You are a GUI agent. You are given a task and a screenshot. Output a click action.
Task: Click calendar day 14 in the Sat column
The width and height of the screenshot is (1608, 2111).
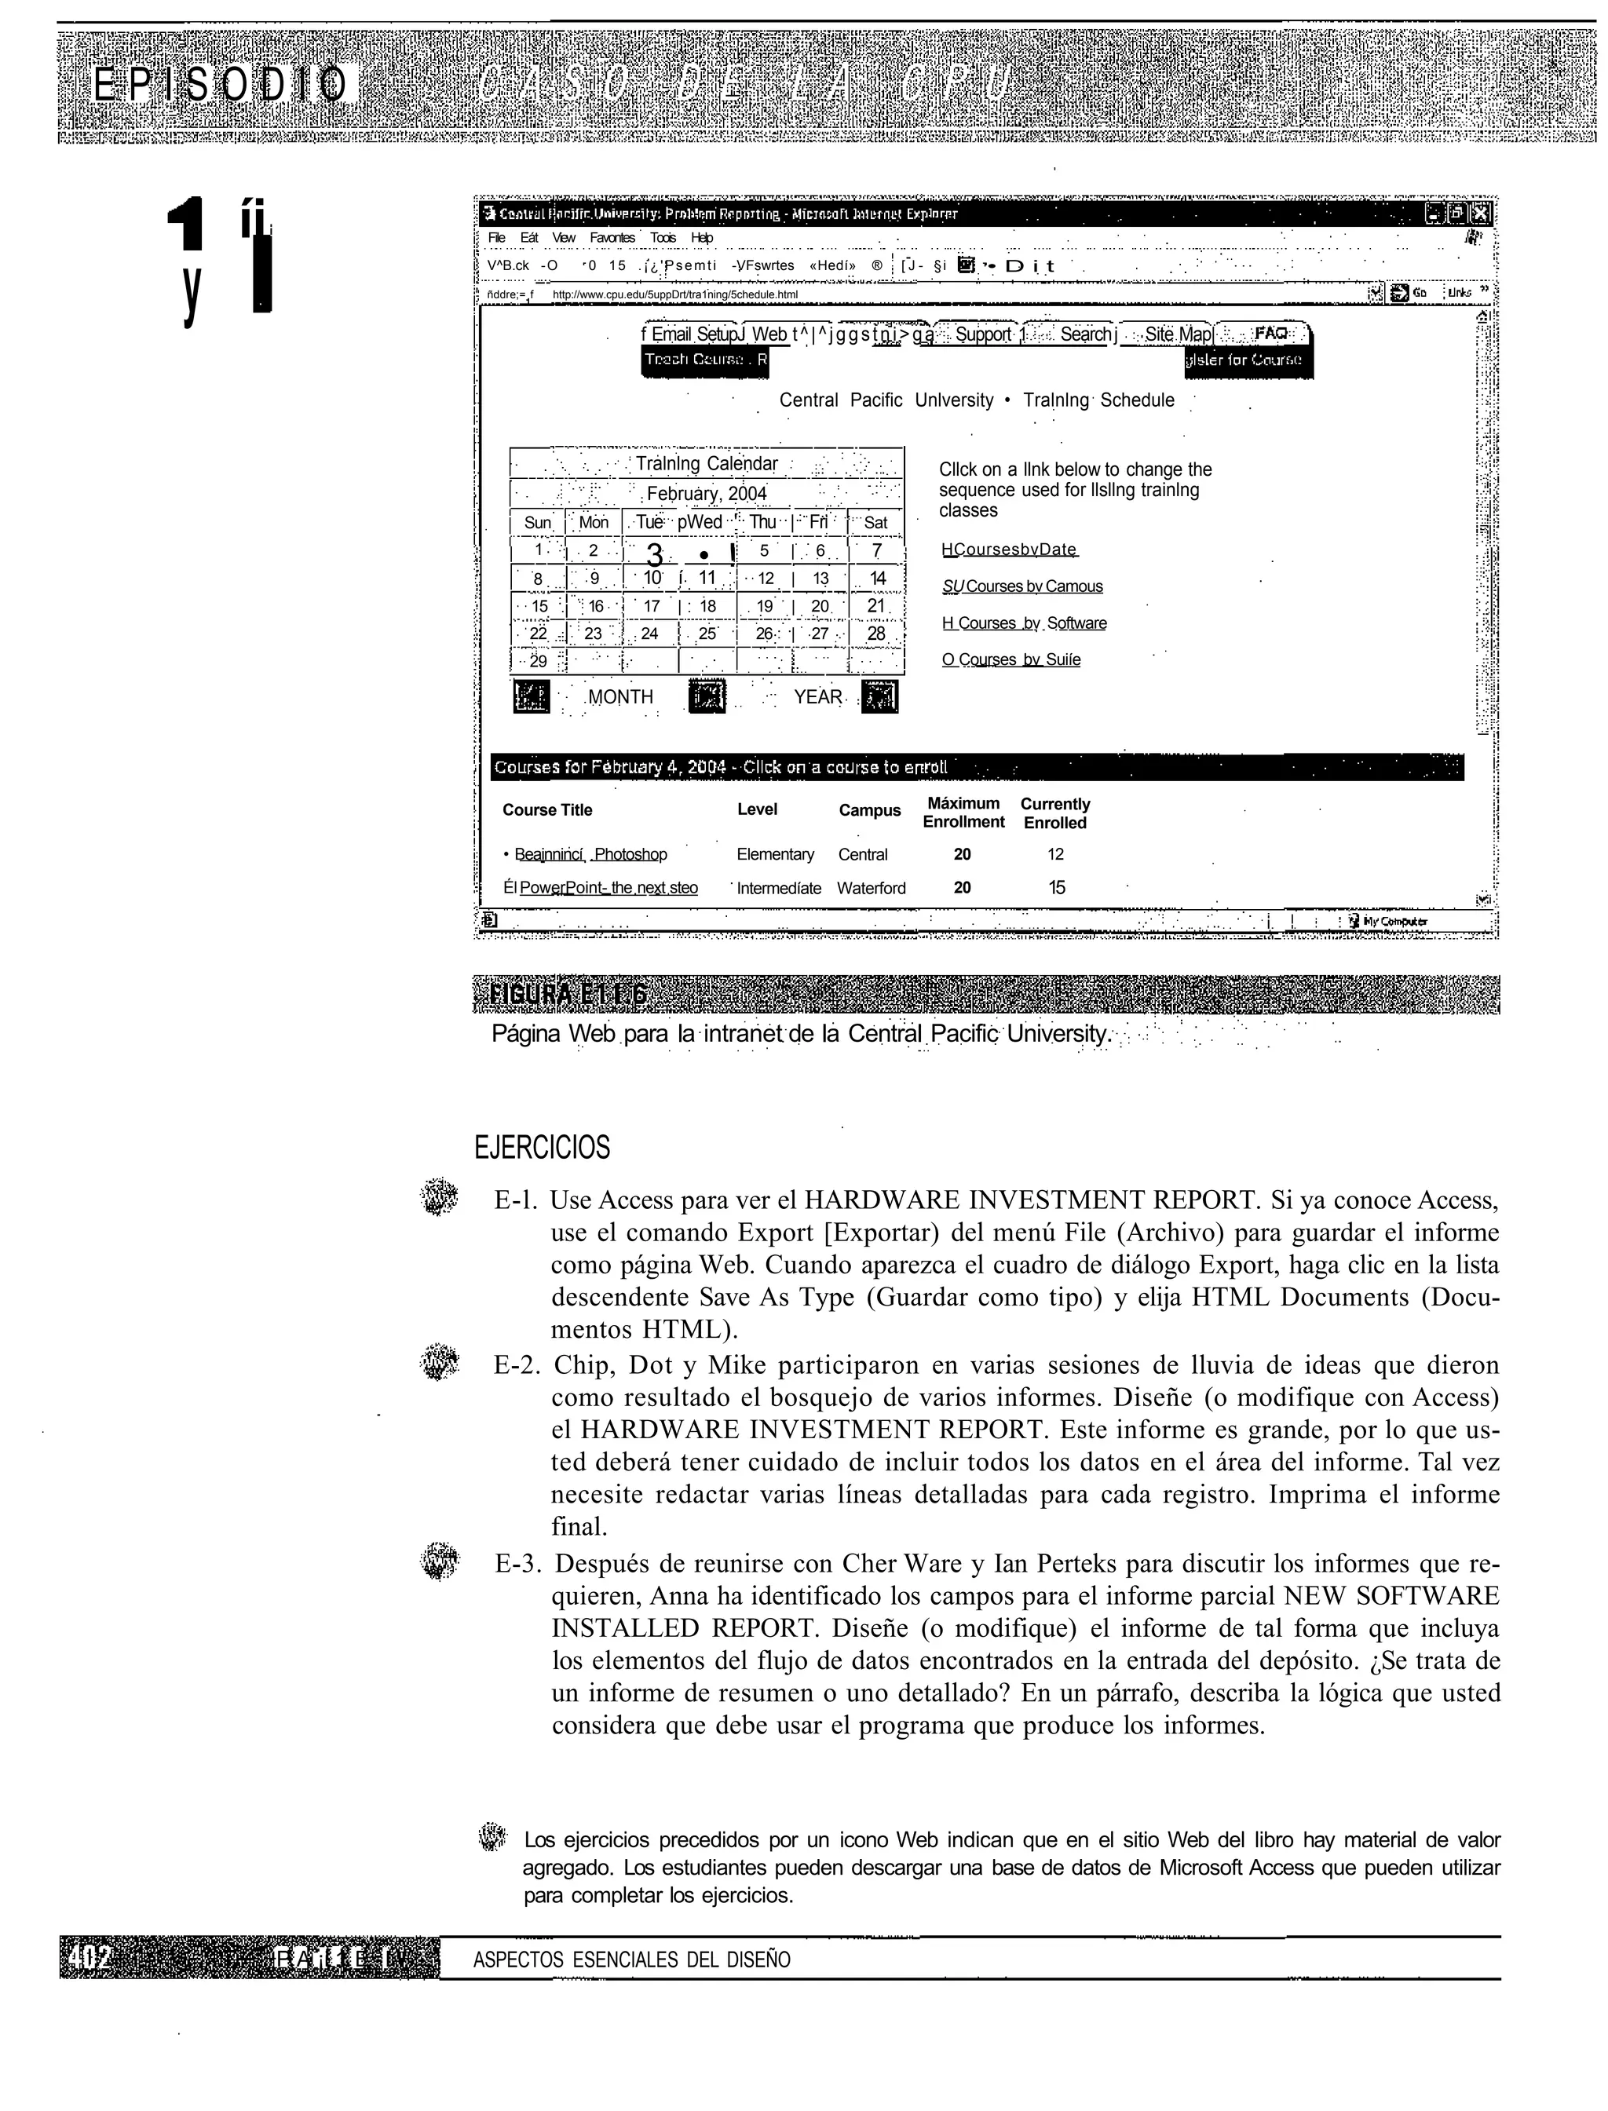(x=877, y=578)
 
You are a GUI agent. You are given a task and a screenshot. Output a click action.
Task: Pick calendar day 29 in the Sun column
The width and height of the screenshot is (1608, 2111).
(x=538, y=660)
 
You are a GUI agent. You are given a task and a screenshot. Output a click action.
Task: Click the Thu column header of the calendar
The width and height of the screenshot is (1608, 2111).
(x=763, y=521)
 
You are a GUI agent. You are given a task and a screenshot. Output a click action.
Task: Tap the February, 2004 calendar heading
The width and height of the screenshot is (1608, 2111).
(x=707, y=494)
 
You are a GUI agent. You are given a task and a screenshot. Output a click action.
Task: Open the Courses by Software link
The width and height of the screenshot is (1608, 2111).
(x=1024, y=623)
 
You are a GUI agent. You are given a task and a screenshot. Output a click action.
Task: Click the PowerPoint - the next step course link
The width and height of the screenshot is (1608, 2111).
(x=608, y=887)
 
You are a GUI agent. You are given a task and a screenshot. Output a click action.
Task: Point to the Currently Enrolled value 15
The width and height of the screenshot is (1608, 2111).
(x=1056, y=887)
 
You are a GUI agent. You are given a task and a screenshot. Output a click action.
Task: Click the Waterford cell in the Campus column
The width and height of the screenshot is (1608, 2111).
(x=871, y=888)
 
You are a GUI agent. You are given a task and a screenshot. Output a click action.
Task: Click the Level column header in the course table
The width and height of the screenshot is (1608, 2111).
(x=756, y=809)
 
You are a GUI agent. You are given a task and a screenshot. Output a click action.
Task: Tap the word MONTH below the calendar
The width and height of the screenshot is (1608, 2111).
(x=620, y=696)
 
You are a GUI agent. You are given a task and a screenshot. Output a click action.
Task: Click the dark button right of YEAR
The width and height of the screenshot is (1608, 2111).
(x=879, y=696)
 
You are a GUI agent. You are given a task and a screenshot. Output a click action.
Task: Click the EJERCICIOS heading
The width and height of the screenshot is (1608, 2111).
(x=542, y=1148)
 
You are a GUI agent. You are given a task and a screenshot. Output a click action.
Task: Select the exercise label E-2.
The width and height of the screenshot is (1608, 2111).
(x=517, y=1364)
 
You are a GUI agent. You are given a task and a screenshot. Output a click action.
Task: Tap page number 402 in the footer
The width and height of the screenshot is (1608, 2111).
(x=91, y=1959)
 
